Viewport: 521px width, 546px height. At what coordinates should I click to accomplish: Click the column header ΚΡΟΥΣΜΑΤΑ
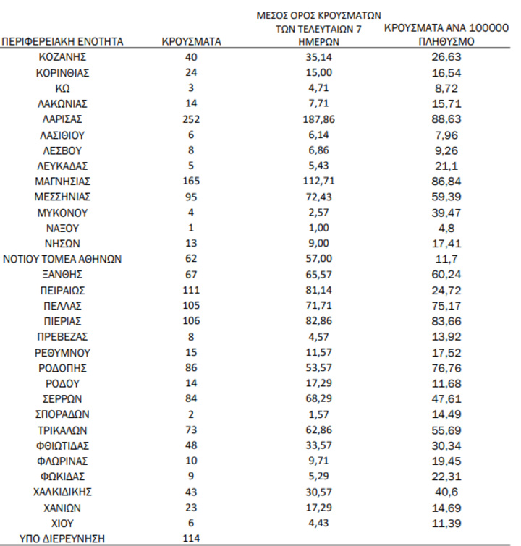[x=192, y=42]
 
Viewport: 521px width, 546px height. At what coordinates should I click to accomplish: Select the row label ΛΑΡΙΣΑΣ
[x=62, y=119]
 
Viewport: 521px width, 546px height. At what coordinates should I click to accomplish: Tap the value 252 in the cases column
[x=192, y=119]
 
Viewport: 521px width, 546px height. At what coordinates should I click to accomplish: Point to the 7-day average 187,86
[x=321, y=119]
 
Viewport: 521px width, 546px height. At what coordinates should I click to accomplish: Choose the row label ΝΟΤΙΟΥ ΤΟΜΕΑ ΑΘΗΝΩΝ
[x=62, y=259]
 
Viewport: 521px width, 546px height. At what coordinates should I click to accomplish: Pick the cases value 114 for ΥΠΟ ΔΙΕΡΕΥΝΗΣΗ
[x=192, y=538]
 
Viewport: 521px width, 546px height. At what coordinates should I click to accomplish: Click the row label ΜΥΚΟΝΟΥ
[x=62, y=213]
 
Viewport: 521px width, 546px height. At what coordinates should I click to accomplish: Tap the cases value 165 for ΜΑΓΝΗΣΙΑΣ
[x=192, y=182]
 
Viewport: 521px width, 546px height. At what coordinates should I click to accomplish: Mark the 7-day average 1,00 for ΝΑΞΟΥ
[x=321, y=228]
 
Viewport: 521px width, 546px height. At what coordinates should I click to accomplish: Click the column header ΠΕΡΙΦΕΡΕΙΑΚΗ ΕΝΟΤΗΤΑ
[x=62, y=42]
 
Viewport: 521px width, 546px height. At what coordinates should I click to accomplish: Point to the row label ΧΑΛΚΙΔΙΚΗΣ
[x=62, y=492]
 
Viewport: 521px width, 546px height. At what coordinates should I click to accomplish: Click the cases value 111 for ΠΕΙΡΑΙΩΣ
[x=192, y=290]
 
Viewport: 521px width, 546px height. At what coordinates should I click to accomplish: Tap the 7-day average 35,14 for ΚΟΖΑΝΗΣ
[x=321, y=57]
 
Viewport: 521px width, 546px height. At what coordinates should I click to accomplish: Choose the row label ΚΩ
[x=62, y=88]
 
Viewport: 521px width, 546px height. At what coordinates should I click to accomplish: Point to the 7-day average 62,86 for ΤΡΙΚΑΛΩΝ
[x=321, y=430]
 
